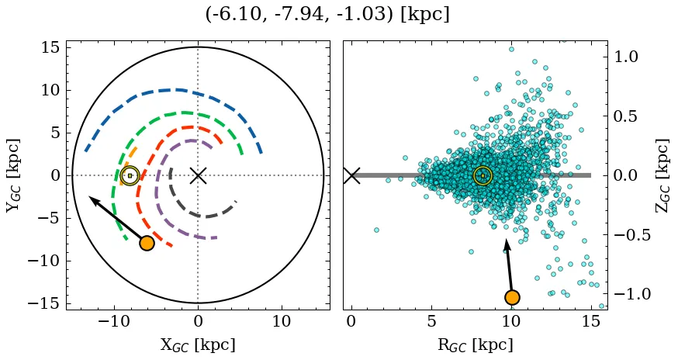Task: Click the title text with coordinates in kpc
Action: pos(327,15)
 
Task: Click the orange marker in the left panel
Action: pos(147,243)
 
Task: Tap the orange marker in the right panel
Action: pos(512,297)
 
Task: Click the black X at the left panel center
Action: pos(198,175)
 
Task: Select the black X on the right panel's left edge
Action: pos(351,175)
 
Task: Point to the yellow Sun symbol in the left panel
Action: pos(130,175)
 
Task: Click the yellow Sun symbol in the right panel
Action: pos(483,175)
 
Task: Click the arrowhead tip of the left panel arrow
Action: pos(89,197)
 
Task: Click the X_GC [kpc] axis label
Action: pos(198,344)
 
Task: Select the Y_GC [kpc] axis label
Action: pos(13,175)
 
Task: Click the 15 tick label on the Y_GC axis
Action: pos(49,48)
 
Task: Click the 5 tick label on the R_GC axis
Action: pos(431,321)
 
